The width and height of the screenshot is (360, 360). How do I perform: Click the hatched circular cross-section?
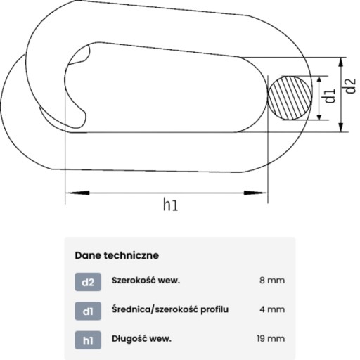coord(290,98)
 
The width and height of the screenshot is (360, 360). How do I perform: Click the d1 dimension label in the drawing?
coord(330,96)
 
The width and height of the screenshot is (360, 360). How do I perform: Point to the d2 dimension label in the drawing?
coord(350,86)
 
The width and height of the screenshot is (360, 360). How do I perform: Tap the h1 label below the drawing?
coord(170,205)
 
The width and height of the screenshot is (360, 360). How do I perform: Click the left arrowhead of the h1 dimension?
coord(77,193)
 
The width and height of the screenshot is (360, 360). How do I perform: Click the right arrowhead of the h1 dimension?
coord(255,193)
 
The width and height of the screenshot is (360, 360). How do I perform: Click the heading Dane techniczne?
coord(117,255)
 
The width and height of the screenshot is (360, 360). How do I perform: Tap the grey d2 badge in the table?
coord(88,282)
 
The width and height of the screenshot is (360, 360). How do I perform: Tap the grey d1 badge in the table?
coord(88,311)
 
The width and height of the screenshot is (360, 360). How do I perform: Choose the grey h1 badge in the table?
coord(88,340)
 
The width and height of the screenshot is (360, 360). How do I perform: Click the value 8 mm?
coord(272,281)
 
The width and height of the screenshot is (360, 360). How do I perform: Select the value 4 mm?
coord(272,309)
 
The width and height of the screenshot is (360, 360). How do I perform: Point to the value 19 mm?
coord(271,338)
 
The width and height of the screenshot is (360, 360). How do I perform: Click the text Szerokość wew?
coord(146,281)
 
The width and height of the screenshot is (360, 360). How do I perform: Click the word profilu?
coord(214,309)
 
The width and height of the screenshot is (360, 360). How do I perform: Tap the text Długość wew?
coord(141,339)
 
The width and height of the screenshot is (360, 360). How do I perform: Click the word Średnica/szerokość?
coord(155,309)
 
